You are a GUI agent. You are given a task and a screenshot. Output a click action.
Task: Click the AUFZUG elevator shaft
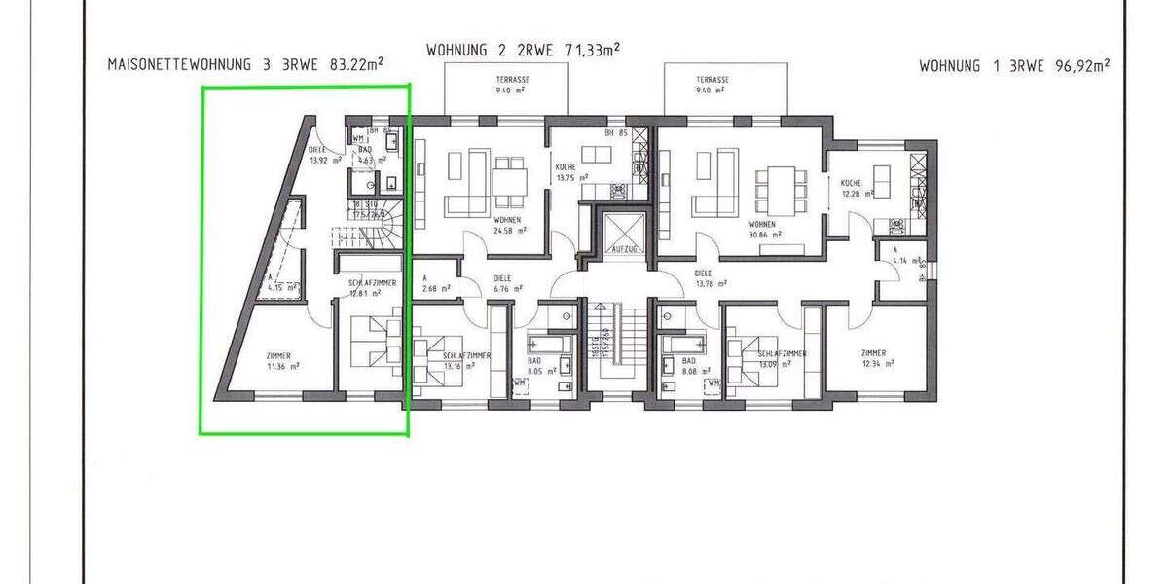click(623, 234)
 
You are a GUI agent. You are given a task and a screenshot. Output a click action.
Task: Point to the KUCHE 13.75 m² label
click(571, 172)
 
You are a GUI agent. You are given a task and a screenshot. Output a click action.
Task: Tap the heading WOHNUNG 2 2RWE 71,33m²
click(524, 49)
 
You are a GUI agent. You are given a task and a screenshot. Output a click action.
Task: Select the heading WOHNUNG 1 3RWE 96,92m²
click(1014, 66)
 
